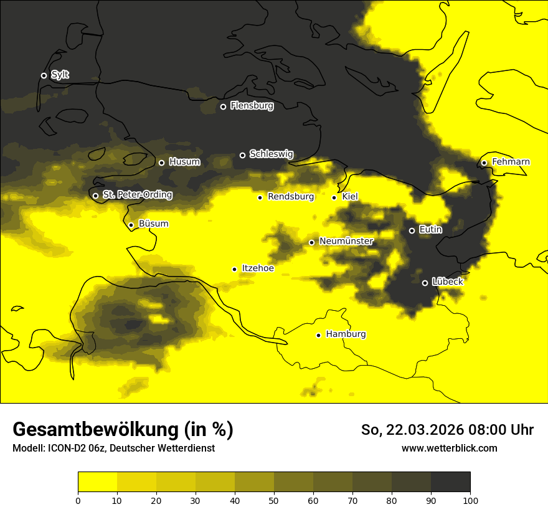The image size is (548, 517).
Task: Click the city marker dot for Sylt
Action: coord(44,75)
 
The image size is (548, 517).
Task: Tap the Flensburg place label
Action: coord(252,106)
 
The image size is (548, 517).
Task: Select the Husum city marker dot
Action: coord(161,163)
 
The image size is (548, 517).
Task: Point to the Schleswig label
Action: coord(271,154)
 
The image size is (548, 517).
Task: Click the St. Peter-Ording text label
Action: coord(137,195)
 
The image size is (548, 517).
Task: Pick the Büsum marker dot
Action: coord(131,225)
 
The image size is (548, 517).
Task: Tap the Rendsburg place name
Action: coord(291,197)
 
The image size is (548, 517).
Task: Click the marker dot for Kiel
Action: coord(334,197)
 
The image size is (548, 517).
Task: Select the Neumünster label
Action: coord(346,241)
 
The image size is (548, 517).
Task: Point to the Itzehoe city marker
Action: coord(234,269)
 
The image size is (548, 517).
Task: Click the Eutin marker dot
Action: coord(412,230)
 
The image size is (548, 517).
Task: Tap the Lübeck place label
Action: coord(447,282)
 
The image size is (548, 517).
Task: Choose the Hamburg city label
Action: coord(346,334)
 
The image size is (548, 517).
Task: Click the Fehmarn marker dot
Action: coord(484,163)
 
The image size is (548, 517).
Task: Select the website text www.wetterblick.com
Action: coord(449,448)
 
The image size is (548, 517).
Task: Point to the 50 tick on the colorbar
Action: coord(274,500)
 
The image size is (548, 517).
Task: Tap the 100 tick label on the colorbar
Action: coord(470,500)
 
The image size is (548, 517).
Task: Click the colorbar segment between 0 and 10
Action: coord(98,481)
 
